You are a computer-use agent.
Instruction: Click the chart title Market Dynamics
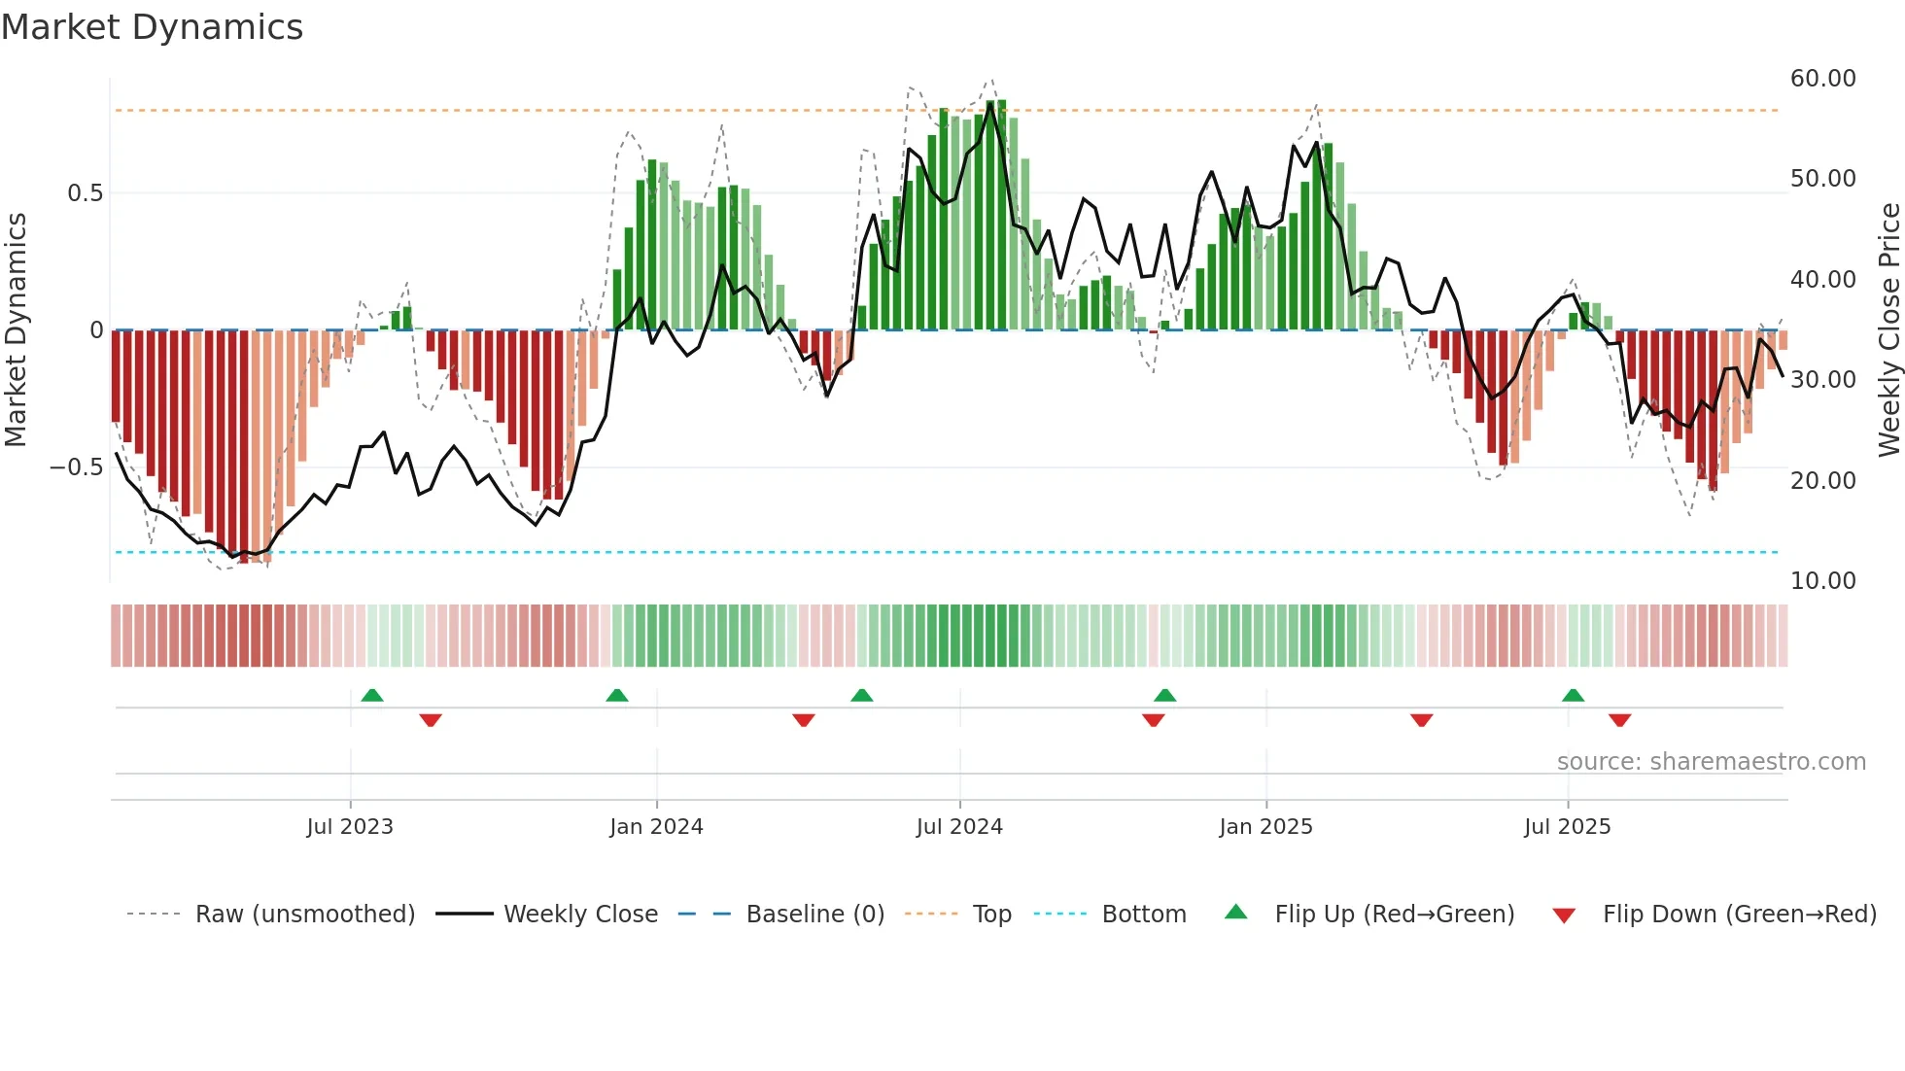click(x=153, y=27)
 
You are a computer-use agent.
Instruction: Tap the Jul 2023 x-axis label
click(x=350, y=827)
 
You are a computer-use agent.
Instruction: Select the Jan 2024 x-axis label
click(x=656, y=827)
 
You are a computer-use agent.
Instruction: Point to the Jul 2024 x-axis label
click(x=959, y=827)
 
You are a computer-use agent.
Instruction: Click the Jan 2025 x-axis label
click(x=1265, y=827)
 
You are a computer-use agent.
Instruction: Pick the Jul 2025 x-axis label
click(x=1567, y=827)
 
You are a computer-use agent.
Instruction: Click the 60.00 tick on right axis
click(x=1822, y=79)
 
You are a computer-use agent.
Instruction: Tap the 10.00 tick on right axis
click(x=1822, y=581)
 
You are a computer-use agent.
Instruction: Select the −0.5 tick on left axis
click(x=76, y=467)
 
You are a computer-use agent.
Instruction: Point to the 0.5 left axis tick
click(x=85, y=193)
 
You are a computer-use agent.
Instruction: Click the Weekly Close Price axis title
click(x=1888, y=330)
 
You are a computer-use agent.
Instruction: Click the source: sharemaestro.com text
click(x=1711, y=762)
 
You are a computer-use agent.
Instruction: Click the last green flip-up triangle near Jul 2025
click(x=1573, y=695)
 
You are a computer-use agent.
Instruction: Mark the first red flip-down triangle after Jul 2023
click(x=431, y=720)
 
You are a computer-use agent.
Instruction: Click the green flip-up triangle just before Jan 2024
click(x=616, y=695)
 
